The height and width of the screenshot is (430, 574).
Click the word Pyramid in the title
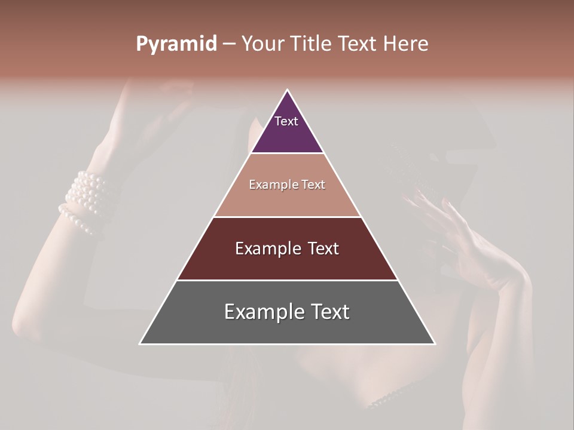(176, 44)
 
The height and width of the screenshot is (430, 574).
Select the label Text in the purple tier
(286, 121)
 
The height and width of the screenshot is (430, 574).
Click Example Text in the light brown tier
(287, 185)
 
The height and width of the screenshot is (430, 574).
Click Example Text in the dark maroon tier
(287, 248)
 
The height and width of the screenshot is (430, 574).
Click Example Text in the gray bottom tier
(287, 312)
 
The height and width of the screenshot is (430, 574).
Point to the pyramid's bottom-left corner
(141, 343)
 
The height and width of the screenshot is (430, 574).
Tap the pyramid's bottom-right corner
(434, 343)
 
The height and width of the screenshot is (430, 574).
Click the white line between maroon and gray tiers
(287, 280)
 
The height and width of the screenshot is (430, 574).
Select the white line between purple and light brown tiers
(287, 153)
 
